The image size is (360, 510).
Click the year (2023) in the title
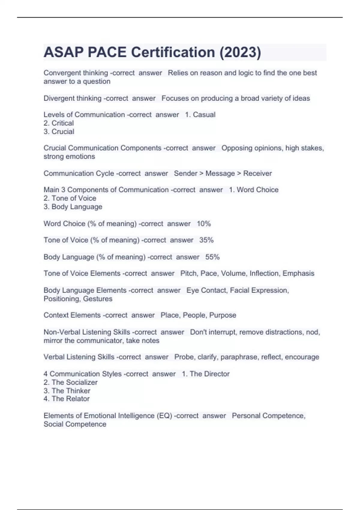tap(240, 52)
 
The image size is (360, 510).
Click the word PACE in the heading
tap(107, 52)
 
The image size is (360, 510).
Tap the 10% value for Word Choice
tap(204, 223)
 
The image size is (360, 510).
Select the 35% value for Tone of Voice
tap(206, 240)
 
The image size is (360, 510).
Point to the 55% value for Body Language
tap(212, 257)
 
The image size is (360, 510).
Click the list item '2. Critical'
tap(59, 123)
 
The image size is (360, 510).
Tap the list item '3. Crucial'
tap(59, 131)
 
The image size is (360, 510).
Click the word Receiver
tap(257, 173)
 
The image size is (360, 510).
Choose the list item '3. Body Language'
tap(73, 207)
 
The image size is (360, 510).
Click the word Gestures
tap(97, 299)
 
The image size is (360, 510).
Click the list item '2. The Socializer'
tap(70, 382)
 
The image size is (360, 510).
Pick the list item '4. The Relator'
tap(67, 399)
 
